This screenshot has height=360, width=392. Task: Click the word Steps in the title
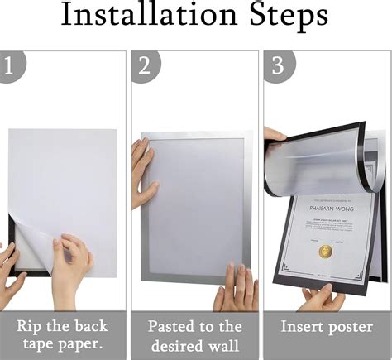(x=286, y=19)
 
